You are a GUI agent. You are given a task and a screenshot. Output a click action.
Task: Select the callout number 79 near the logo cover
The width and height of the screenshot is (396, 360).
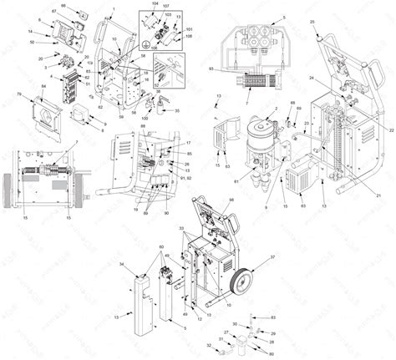[18, 97]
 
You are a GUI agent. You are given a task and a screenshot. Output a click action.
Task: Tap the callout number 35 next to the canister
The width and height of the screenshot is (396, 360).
[175, 110]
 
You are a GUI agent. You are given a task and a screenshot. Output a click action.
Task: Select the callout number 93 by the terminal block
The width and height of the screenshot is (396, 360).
[212, 68]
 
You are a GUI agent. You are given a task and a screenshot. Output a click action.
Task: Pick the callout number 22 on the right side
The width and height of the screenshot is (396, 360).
[391, 130]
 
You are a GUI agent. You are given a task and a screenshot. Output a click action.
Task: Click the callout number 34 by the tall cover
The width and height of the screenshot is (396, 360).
[124, 264]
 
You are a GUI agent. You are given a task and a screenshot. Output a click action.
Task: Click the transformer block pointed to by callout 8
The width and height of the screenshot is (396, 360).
[84, 113]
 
